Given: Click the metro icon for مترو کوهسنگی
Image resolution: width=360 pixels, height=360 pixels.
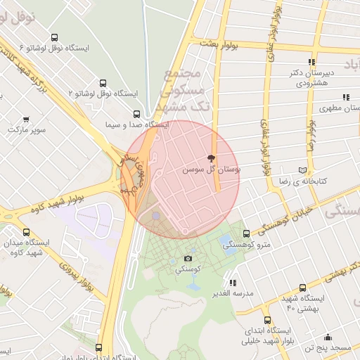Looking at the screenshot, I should point(246,233).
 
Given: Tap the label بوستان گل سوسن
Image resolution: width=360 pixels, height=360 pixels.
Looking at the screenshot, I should point(211,170).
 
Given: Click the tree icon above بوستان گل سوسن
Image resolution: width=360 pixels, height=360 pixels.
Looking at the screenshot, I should point(211,158).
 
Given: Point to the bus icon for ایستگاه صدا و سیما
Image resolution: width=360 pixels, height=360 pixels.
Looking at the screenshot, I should point(136,113).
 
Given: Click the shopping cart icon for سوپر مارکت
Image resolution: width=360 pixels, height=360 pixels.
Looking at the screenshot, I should point(26,120).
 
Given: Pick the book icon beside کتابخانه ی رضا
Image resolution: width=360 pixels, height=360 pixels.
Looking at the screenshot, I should point(304,170).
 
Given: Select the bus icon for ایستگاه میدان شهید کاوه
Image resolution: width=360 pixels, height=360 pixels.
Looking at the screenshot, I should point(27,232).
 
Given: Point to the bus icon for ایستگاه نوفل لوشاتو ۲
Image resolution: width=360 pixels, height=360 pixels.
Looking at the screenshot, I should point(103,82).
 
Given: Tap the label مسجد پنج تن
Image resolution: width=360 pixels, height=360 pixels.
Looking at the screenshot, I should point(328,347).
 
